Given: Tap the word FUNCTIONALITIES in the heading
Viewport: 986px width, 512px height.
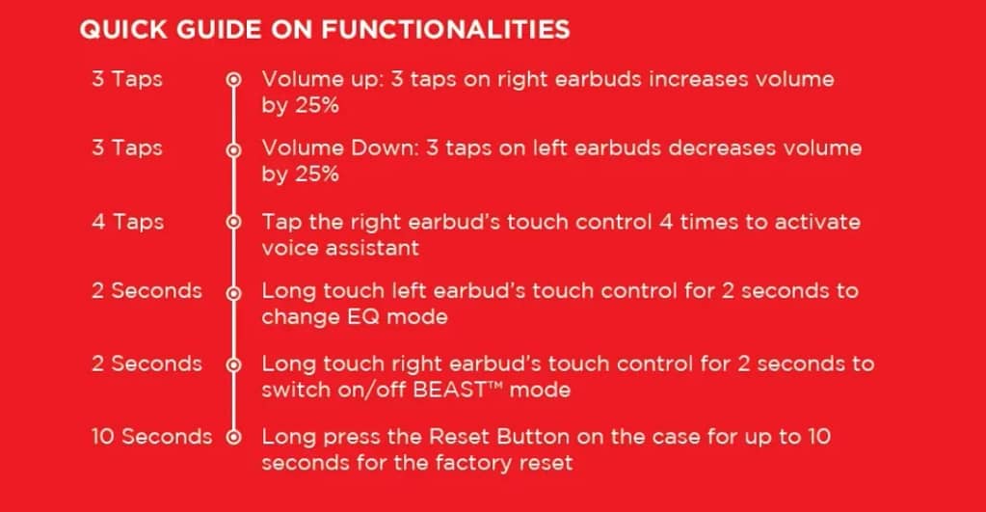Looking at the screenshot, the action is click(x=446, y=30).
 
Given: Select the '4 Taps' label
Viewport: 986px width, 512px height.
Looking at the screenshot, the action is click(x=127, y=222).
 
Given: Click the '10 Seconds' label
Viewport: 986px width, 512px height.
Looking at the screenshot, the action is click(x=151, y=437).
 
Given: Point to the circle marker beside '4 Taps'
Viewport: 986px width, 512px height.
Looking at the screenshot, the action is click(x=233, y=222).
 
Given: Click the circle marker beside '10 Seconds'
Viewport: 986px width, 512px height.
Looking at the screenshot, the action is click(x=233, y=437).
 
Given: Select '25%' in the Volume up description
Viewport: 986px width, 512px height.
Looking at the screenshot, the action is click(x=317, y=105).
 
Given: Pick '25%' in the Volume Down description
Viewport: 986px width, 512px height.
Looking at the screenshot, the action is click(x=317, y=174).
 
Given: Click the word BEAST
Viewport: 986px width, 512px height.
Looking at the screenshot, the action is click(x=449, y=390).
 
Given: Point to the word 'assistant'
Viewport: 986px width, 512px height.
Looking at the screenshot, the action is click(x=380, y=248).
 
